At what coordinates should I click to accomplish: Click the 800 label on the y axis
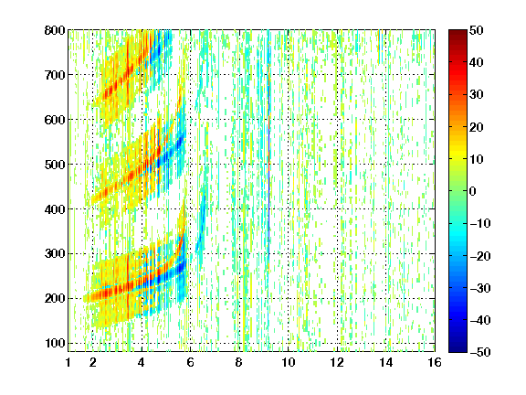point(55,30)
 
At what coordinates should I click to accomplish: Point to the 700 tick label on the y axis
point(55,75)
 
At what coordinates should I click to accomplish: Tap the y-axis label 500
point(55,165)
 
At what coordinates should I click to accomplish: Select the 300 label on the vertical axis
point(55,253)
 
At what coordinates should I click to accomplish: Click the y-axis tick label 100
point(55,343)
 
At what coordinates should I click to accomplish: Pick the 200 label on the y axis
point(55,298)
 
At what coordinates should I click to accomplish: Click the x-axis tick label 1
point(68,362)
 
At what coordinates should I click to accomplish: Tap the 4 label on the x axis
point(142,362)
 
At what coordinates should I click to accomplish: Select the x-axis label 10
point(288,362)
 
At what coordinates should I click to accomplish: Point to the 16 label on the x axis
point(435,362)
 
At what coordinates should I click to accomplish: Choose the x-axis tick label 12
point(337,362)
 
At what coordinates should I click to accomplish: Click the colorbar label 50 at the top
point(477,30)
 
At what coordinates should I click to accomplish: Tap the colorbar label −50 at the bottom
point(480,352)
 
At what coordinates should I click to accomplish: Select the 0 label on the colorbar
point(473,191)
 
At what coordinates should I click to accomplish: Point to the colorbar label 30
point(477,95)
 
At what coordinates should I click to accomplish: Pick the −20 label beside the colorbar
point(480,256)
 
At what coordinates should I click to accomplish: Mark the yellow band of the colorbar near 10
point(458,158)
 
